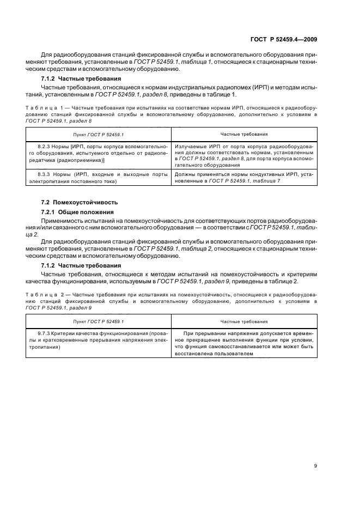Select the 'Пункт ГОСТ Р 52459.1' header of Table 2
coord(99,321)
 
